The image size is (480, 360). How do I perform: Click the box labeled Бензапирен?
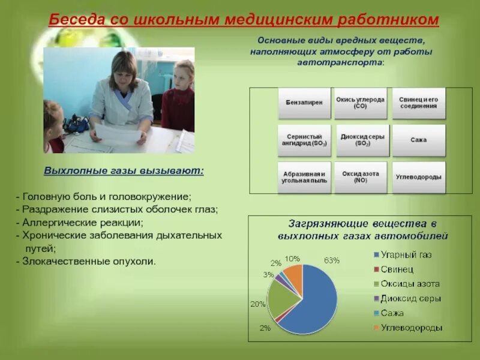(304, 103)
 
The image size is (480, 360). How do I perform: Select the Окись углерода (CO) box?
(361, 103)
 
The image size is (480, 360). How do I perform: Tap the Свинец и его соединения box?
(418, 103)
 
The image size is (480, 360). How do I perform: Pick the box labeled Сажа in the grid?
(418, 140)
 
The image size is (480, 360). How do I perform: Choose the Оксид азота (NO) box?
(361, 177)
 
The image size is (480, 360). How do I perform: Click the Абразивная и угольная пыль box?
(304, 177)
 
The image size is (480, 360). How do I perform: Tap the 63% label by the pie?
(332, 260)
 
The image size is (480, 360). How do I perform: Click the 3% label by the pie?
(268, 275)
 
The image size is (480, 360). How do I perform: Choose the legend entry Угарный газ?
(403, 254)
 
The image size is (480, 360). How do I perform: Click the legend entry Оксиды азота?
(407, 284)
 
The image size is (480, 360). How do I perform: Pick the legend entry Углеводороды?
(408, 328)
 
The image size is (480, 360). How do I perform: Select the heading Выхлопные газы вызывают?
(124, 170)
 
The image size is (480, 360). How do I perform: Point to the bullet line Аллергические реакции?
(80, 223)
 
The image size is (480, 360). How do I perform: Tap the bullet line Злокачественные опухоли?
(86, 262)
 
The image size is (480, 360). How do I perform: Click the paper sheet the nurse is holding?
(118, 131)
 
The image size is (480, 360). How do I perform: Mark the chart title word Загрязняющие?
(328, 224)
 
